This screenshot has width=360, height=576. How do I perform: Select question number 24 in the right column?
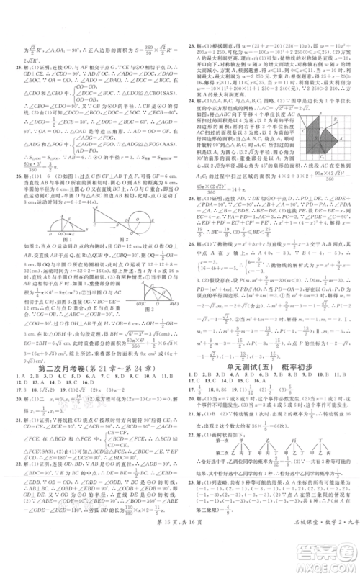[189, 113]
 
